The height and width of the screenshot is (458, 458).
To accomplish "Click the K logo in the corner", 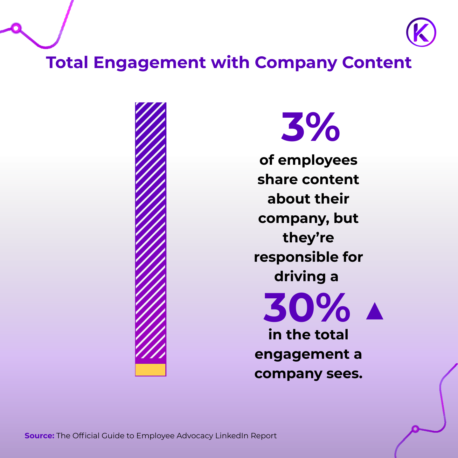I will point(421,32).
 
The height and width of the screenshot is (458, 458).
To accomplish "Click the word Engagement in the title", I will point(149,63).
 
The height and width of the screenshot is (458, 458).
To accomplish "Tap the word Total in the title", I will point(67,62).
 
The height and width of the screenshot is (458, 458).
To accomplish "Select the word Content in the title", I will point(377,62).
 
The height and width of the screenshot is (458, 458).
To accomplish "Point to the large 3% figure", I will point(310,127).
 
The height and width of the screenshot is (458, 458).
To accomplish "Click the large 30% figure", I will point(307,308).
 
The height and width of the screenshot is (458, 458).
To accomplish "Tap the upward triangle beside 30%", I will point(375,311).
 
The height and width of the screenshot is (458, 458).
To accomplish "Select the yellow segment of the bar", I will point(150,370).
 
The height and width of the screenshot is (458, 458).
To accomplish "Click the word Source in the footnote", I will point(39,436).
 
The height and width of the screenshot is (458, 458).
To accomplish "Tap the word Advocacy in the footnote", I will point(195,436).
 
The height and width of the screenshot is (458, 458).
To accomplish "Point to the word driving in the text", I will point(300,277).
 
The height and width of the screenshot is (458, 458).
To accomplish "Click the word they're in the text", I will point(308,238).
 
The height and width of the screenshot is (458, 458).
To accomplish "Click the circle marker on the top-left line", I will point(16,28).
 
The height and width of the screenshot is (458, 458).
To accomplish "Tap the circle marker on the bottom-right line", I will point(415,429).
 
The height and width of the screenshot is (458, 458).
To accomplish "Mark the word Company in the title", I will point(296,63).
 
